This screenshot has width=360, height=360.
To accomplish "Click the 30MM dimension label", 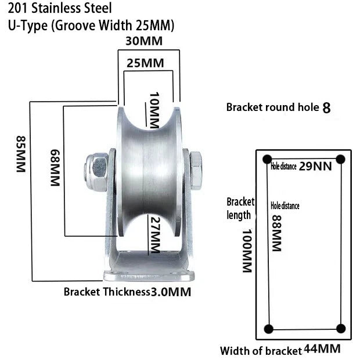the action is [144, 41].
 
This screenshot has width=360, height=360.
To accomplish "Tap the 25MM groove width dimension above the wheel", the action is [145, 63].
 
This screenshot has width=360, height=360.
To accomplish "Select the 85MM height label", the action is [21, 154].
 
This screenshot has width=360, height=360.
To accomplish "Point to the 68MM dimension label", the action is [55, 168].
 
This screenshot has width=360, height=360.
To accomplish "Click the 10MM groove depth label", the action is [154, 110].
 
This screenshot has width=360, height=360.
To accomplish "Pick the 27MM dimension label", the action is [155, 235].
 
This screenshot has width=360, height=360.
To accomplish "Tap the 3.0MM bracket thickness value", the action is [171, 292].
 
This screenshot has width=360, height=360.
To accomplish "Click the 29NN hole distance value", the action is [315, 166].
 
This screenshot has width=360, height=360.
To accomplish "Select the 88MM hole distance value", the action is [276, 233].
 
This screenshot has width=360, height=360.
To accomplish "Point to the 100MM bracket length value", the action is [247, 250].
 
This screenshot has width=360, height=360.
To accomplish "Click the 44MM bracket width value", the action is [322, 349].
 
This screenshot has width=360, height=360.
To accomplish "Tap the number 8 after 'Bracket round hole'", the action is [326, 107].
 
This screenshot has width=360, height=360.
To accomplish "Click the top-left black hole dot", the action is [267, 159].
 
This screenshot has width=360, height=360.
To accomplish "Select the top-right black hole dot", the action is [340, 159].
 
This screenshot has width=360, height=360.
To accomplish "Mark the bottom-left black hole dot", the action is [269, 329].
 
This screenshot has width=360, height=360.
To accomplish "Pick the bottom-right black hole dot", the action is [341, 329].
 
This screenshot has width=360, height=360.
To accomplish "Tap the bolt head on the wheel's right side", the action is [196, 170].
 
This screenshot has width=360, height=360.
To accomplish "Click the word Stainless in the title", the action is [56, 8].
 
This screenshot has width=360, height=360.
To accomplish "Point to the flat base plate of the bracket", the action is [149, 276].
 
